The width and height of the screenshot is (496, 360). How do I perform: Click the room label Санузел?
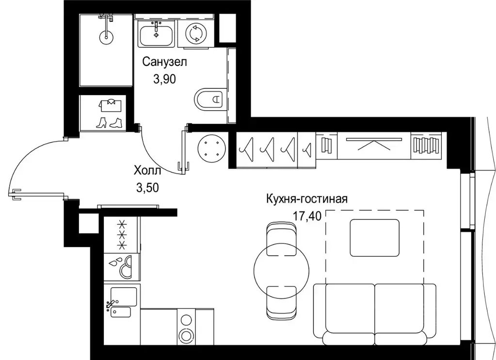[x=164, y=62]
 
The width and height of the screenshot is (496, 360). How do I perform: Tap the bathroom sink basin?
[x=156, y=34]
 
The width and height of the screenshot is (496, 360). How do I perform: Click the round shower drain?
[x=106, y=35]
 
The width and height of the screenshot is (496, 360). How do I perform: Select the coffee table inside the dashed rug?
[x=375, y=238]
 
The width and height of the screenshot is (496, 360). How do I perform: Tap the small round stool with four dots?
[x=212, y=147]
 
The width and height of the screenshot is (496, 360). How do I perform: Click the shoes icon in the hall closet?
[x=109, y=122]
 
